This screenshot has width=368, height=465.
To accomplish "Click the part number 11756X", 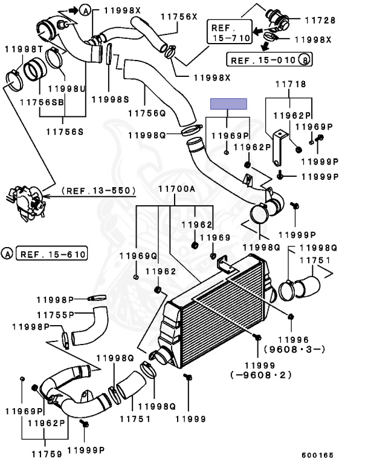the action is coord(179,16).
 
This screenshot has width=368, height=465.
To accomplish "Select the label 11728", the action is coord(320,20).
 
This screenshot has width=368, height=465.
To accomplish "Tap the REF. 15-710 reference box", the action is coord(230,31).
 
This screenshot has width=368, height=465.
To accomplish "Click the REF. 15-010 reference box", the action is coord(269,59).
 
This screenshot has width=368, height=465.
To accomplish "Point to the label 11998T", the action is coord(24,49).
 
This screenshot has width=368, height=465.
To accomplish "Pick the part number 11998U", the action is coord(66,88).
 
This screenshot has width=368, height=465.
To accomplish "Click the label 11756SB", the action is coord(42,102).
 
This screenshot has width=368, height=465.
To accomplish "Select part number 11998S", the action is coord(110,99).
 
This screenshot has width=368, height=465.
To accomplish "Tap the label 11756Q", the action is coord(147,113).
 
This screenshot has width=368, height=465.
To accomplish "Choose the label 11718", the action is coord(291,84).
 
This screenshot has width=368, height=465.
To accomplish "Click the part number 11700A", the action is coord(176,189).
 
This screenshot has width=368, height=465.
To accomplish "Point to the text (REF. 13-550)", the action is coord(98,190).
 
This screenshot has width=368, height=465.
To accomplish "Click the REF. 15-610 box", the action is coord(51,254).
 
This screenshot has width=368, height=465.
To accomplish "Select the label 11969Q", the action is coord(138,256).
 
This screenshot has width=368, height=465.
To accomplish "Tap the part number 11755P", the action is coord(56,315).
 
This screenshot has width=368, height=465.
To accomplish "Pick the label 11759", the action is coord(47,453).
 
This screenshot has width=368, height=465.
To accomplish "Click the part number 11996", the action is coord(294,340).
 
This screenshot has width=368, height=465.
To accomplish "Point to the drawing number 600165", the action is coord(318,455).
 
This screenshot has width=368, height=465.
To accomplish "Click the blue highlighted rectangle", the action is coord(228,104).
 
